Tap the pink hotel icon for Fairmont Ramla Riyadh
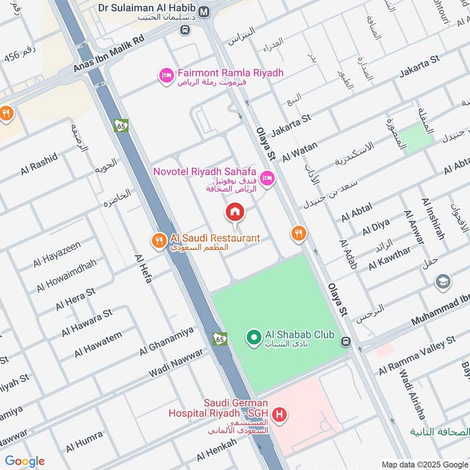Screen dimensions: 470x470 point(166,75)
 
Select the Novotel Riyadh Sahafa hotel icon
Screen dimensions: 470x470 point(267,177)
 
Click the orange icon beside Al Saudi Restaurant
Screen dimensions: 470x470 point(159,240)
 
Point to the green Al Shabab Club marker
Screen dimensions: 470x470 point(254,337)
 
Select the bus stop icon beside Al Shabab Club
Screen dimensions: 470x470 point(346,341)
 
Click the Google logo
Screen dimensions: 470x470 point(25,461)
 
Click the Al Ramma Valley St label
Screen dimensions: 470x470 point(417,355)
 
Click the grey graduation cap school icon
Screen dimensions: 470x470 point(443,283)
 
